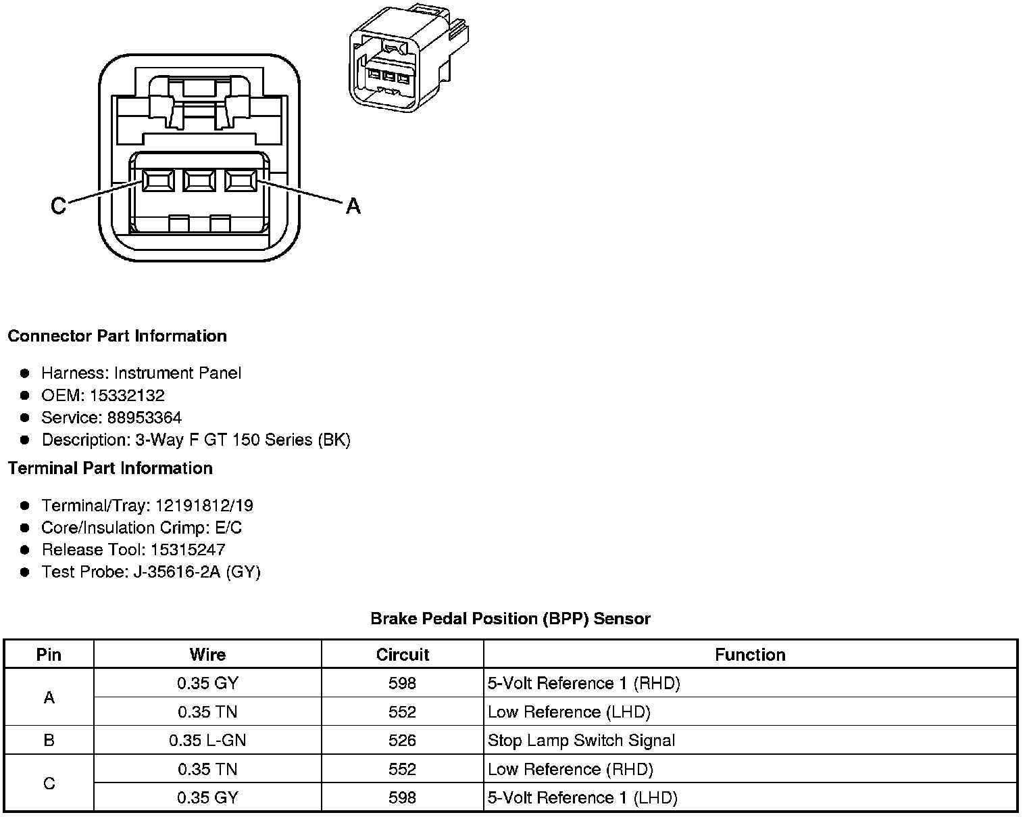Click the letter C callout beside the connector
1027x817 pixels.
click(x=59, y=206)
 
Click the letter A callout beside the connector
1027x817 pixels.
click(x=353, y=206)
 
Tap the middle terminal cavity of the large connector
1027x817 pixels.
click(x=199, y=180)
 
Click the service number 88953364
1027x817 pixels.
click(x=144, y=418)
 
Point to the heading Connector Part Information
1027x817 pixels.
click(x=117, y=336)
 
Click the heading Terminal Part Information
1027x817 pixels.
click(x=110, y=468)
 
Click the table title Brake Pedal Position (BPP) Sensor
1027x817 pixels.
click(x=510, y=618)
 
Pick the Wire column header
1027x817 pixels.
click(x=207, y=655)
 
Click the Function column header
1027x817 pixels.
click(x=750, y=655)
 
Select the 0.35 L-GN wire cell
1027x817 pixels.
click(x=207, y=741)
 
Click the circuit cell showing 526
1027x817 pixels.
click(x=402, y=741)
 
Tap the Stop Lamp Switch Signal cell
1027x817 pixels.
click(x=581, y=741)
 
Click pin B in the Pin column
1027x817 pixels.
click(x=49, y=741)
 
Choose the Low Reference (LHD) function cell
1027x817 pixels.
click(x=569, y=712)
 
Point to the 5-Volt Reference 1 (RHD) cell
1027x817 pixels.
click(x=584, y=684)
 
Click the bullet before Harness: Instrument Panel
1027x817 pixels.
click(x=25, y=373)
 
